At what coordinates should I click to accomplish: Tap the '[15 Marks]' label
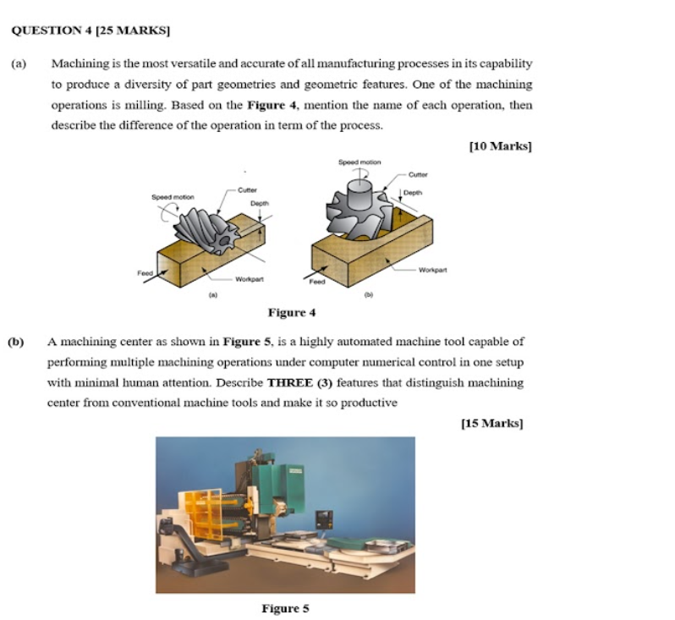(491, 423)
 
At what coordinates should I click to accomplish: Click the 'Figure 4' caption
(291, 313)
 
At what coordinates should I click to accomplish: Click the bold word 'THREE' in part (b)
(290, 382)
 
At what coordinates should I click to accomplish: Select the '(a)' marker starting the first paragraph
(18, 63)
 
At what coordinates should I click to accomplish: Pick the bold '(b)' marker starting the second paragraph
(15, 342)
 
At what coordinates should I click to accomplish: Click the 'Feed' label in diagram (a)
(145, 272)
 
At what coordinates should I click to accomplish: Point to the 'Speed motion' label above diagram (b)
(359, 162)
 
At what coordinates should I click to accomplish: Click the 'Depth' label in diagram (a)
(259, 203)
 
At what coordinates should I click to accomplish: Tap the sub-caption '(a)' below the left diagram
(213, 297)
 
